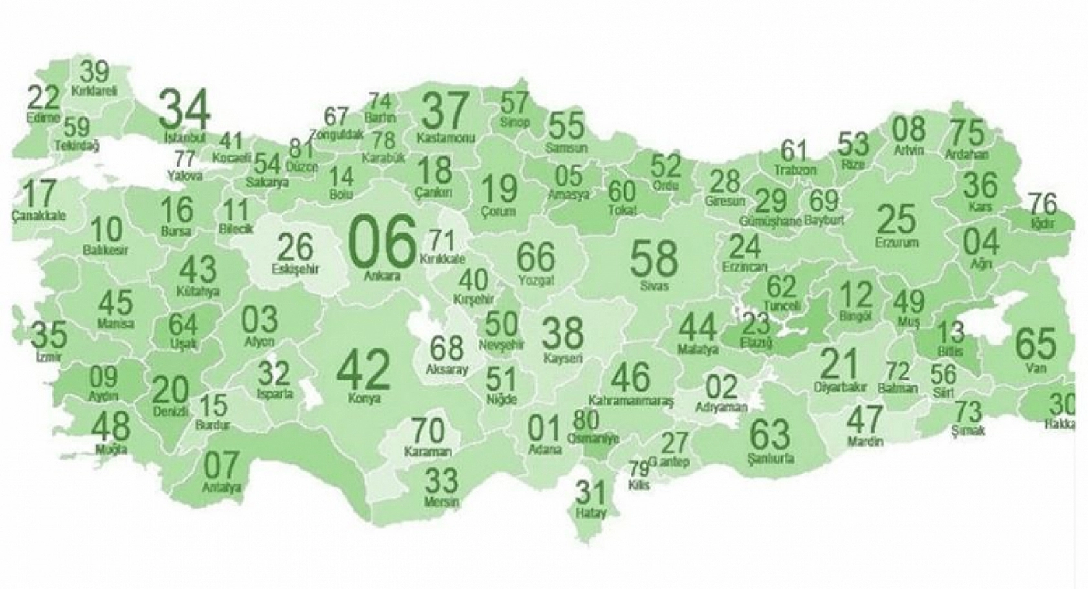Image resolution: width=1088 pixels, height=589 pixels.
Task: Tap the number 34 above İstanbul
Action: tap(184, 109)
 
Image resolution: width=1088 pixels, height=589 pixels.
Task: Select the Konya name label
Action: tap(364, 399)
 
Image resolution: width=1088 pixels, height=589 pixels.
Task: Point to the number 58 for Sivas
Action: tap(654, 257)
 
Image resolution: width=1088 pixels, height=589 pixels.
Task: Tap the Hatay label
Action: tap(591, 513)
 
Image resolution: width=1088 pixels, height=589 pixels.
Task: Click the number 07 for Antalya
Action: tap(221, 466)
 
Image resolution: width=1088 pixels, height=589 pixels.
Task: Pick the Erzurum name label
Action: tap(897, 242)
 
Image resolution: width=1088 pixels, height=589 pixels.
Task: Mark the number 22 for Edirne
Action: tap(44, 98)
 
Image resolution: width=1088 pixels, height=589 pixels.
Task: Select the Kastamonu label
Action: tap(446, 138)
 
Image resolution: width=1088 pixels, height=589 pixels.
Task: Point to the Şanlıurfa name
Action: tap(770, 459)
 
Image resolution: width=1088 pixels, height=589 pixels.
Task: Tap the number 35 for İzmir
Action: tap(49, 334)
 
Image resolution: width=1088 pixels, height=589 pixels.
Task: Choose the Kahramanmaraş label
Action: tap(631, 401)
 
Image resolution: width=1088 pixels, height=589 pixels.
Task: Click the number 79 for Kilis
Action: tap(638, 467)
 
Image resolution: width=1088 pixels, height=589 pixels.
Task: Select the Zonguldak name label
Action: tap(336, 134)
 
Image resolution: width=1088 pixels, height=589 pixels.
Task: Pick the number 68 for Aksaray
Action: tap(447, 348)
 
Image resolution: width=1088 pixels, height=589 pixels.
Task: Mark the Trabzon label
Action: tap(795, 171)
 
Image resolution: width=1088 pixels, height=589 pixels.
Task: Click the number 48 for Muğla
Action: tap(111, 425)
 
